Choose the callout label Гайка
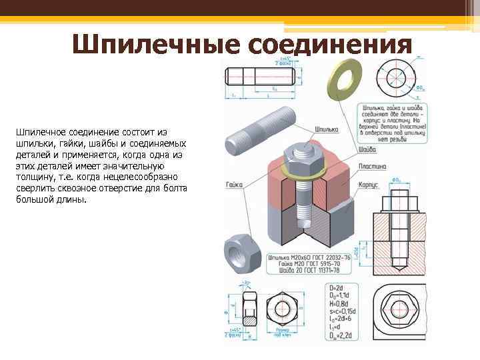[233, 183]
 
